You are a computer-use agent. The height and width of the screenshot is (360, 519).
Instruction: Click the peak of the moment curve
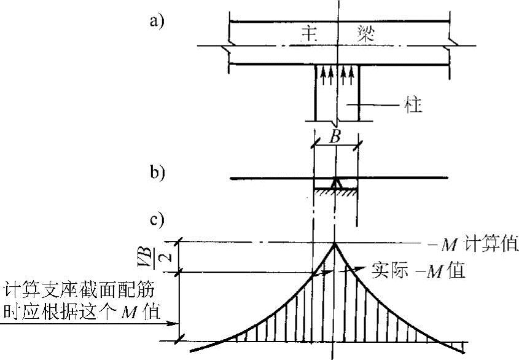pyautogui.click(x=334, y=243)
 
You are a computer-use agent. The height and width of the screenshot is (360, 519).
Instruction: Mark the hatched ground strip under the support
pyautogui.click(x=335, y=192)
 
